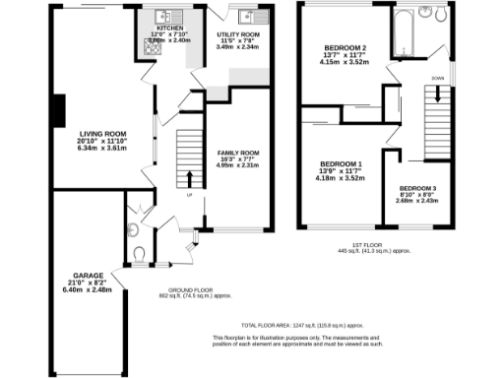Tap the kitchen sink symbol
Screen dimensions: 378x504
click(163, 17)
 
